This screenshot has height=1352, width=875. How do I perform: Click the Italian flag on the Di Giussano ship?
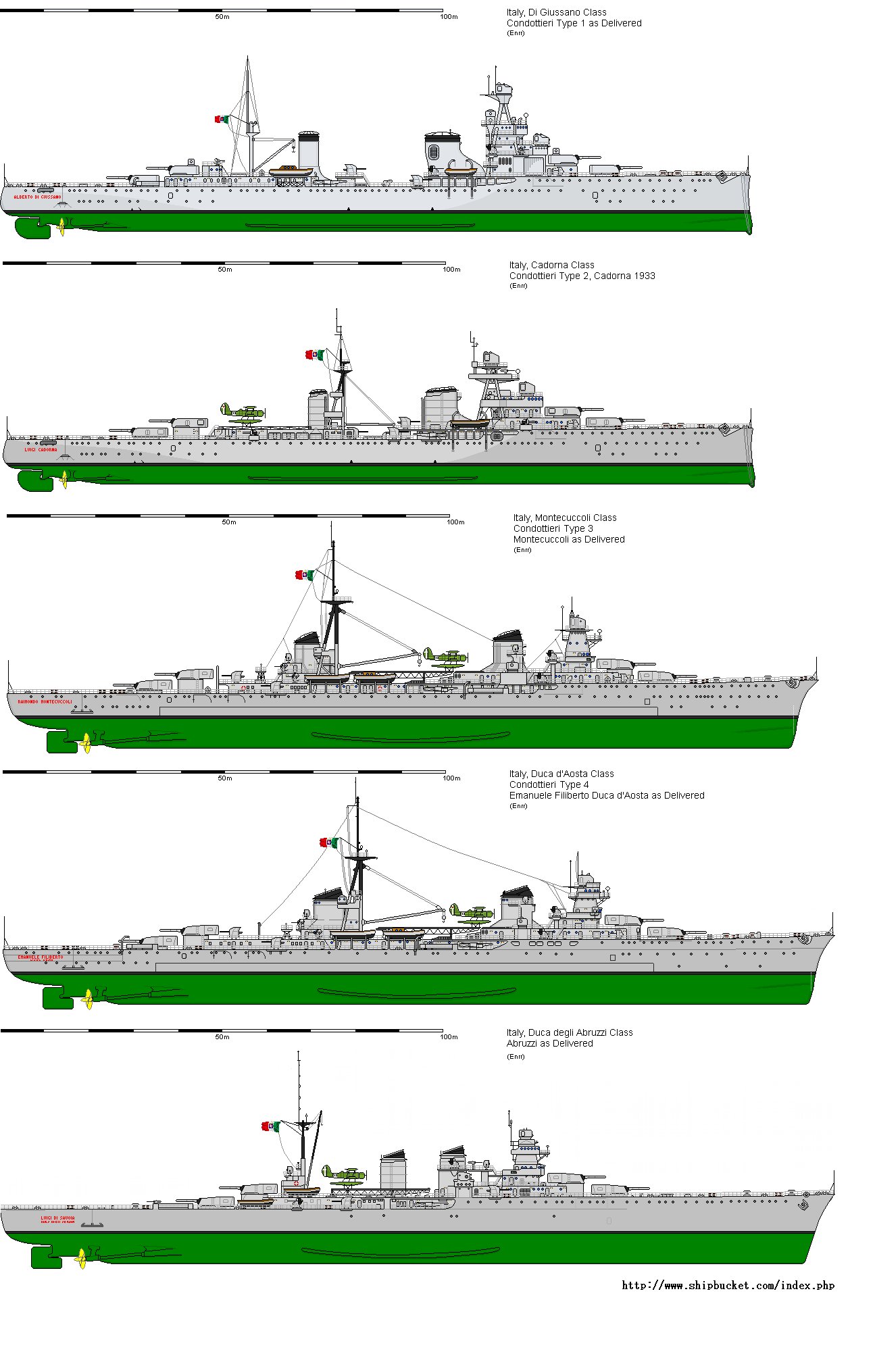[x=222, y=120]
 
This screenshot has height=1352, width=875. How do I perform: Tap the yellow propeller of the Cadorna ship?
[x=65, y=479]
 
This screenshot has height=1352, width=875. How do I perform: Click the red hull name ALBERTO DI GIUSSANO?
[x=37, y=197]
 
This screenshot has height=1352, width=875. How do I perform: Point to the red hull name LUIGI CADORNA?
[x=41, y=449]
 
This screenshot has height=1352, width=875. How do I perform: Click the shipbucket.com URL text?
[x=728, y=1286]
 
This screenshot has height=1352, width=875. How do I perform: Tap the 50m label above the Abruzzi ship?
[x=222, y=1037]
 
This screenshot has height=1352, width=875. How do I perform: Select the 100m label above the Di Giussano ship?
[x=449, y=17]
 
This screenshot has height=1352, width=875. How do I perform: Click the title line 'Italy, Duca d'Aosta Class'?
[x=561, y=774]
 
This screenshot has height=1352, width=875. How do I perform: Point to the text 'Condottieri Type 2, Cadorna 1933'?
[x=582, y=276]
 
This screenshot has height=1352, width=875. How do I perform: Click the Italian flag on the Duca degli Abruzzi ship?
[x=270, y=1126]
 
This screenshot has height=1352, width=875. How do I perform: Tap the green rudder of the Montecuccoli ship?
[x=61, y=741]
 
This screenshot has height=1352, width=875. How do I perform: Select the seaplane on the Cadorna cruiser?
[x=242, y=413]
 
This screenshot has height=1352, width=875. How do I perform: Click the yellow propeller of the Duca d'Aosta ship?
[x=88, y=998]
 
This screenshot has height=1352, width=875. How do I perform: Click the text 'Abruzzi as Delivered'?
[x=549, y=1043]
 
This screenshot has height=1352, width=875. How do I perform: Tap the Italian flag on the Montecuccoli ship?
[x=304, y=575]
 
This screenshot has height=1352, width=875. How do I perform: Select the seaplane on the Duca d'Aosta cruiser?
[x=472, y=913]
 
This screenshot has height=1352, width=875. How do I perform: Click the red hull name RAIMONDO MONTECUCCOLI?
[x=45, y=701]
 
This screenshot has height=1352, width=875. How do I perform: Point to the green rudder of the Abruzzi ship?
[x=46, y=1257]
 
